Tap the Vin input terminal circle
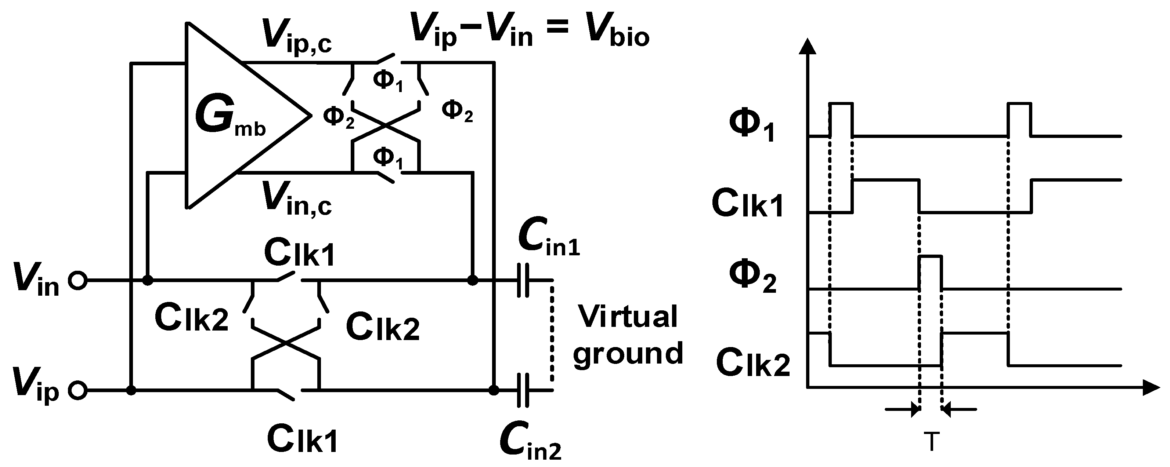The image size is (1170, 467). pos(77,281)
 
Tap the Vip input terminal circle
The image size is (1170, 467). pos(77,390)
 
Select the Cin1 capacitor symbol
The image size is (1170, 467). pos(523,281)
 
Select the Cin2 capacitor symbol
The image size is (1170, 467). pos(523,390)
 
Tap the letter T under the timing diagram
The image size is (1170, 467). pos(931,442)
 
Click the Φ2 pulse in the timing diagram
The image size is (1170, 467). pos(931,272)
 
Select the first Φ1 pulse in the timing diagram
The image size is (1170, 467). pos(841,119)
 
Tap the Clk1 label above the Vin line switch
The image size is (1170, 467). pos(300,253)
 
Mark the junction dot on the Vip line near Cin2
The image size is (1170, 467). pos(494,390)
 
